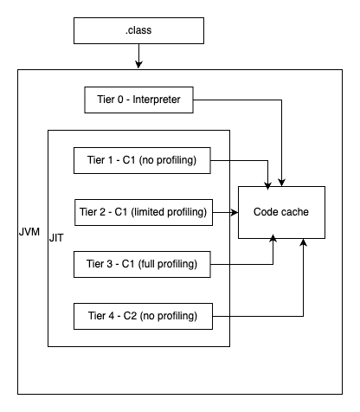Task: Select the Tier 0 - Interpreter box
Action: [x=138, y=100]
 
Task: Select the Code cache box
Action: [x=282, y=212]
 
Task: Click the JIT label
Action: [x=57, y=235]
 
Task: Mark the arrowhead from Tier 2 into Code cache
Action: [x=234, y=211]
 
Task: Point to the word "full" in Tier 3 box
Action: [x=158, y=262]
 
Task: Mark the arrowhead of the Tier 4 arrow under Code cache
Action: [x=303, y=244]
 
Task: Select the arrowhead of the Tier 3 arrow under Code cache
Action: [x=274, y=244]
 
